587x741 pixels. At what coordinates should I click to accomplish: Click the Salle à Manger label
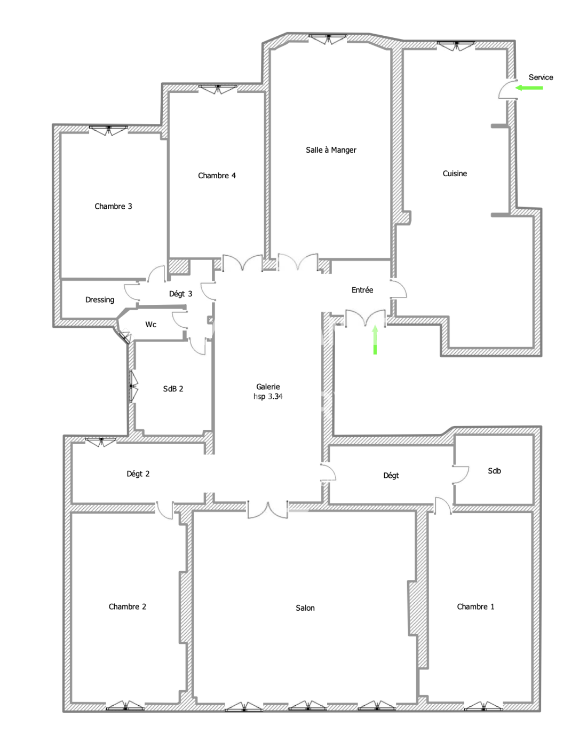331,150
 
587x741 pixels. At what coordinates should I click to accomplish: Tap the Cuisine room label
455,174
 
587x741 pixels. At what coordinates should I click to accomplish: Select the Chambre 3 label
113,206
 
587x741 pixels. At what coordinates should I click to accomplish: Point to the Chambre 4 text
217,176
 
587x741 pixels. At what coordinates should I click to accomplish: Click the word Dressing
100,300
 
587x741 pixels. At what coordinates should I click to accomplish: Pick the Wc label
151,325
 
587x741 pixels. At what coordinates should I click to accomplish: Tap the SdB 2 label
173,389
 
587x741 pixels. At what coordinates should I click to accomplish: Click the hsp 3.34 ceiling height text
268,397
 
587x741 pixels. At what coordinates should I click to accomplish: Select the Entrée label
362,290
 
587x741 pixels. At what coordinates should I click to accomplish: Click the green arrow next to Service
529,88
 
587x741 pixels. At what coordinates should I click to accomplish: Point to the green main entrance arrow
375,340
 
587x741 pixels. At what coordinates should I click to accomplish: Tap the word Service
541,77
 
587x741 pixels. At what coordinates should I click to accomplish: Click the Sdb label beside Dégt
494,471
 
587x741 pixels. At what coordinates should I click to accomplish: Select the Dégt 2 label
138,474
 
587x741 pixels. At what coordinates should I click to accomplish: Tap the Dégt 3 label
181,294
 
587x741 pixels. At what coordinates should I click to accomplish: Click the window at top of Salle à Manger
328,39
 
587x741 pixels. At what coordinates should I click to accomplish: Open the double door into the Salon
267,510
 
